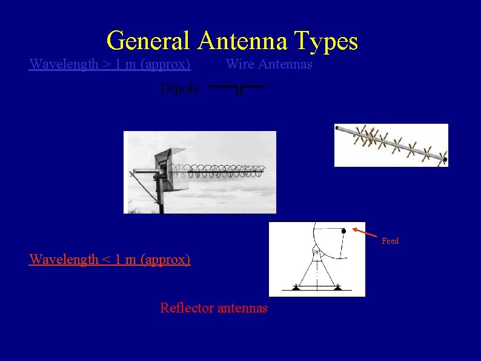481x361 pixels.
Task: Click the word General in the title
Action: pos(149,41)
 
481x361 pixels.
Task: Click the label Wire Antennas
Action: pos(269,64)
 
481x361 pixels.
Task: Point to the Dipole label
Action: pos(179,88)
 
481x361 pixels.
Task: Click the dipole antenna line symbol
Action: pos(237,88)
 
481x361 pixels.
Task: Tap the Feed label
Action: pos(390,241)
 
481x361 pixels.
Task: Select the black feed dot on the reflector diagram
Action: pos(343,231)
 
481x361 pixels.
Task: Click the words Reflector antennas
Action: pos(213,308)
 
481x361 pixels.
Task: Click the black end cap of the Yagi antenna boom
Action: pos(445,160)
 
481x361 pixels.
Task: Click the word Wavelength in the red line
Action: pos(58,260)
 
